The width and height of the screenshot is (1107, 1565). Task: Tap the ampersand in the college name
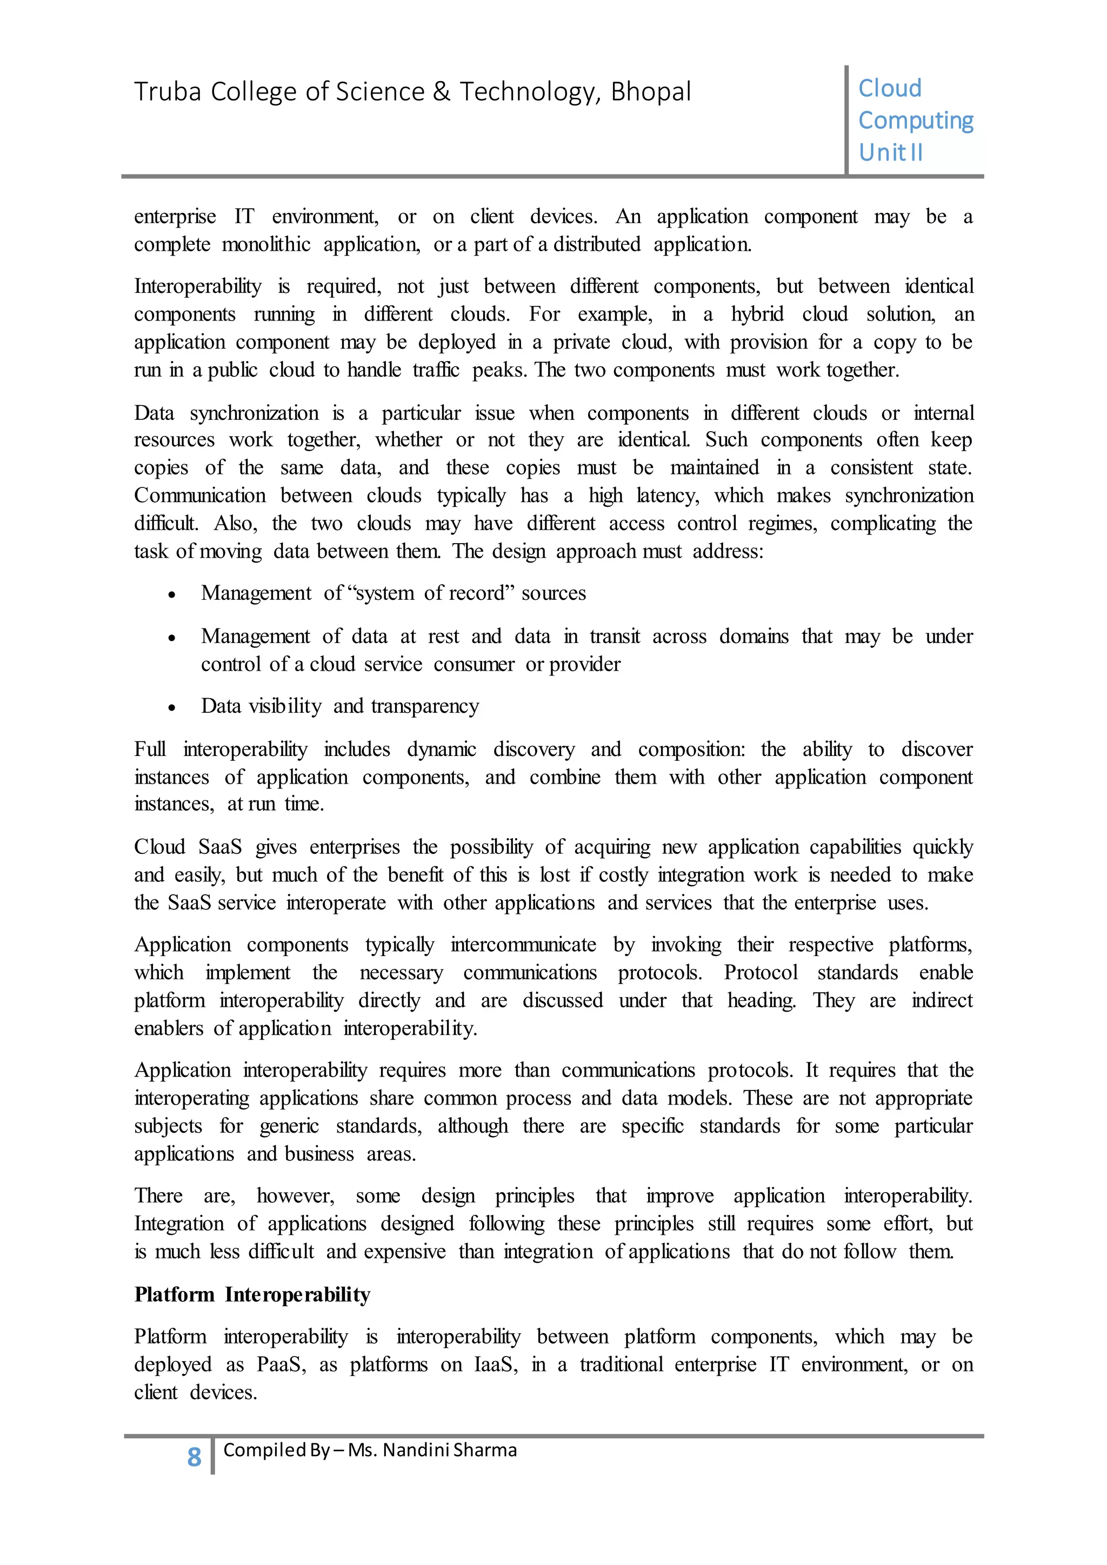441,92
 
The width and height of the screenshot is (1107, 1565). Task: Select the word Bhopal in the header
651,92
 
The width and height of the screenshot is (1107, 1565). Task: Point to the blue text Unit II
890,153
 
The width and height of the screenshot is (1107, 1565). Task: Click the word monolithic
266,245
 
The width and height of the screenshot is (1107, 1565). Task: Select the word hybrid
757,314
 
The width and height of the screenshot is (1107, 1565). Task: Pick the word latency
668,496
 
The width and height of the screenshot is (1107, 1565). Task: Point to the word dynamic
442,749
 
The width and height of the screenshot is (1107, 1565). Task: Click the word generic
289,1126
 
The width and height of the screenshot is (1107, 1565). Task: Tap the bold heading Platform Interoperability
252,1294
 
